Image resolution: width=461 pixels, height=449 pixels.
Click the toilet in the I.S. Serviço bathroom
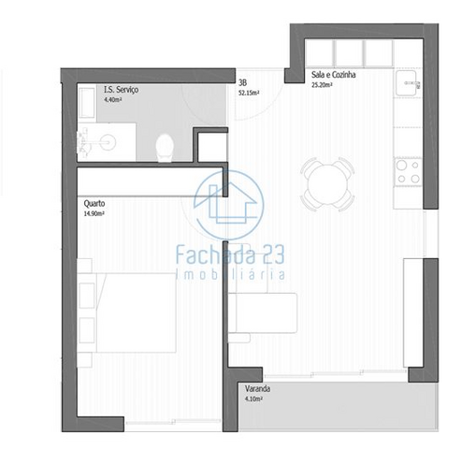(165, 148)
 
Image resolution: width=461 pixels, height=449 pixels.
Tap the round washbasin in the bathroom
(108, 142)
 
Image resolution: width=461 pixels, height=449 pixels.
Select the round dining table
(327, 184)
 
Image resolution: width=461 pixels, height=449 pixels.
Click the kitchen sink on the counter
(408, 83)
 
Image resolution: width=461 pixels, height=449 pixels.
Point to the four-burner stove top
(409, 172)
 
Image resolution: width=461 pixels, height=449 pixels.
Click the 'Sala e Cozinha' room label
(334, 75)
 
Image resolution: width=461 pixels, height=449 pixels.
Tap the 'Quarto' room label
(94, 204)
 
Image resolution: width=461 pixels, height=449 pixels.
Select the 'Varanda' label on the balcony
(257, 389)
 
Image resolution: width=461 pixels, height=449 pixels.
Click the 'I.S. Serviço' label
(121, 90)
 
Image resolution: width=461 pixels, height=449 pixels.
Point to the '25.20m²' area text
(322, 85)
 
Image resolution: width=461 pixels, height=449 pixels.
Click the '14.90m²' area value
(94, 213)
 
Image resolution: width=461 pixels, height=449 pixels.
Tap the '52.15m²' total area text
(249, 93)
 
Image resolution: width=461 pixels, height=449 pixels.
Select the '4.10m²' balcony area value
(253, 398)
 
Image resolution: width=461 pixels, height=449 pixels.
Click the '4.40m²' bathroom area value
(113, 100)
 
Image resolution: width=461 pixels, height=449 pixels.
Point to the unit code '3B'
(242, 83)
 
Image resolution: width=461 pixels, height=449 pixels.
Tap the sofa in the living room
(263, 313)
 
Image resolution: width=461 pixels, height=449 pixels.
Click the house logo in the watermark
(229, 205)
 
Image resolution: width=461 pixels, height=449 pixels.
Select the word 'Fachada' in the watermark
(215, 254)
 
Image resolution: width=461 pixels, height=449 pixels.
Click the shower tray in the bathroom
(86, 103)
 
